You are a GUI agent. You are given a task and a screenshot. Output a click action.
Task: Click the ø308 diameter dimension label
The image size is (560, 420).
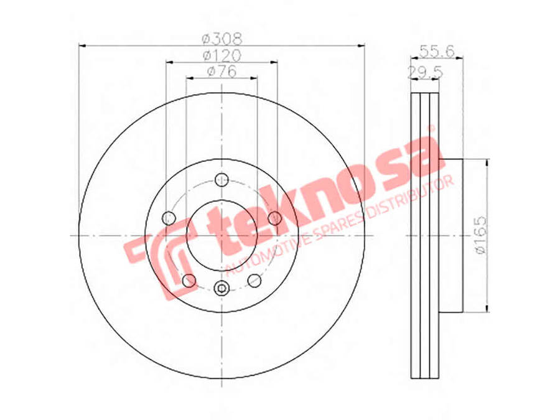(x=222, y=38)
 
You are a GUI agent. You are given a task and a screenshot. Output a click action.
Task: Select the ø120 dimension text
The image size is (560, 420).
(x=222, y=55)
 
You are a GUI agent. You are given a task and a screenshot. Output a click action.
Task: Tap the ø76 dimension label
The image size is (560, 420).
(x=222, y=72)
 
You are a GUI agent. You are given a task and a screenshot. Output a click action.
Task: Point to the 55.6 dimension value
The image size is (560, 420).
(x=436, y=52)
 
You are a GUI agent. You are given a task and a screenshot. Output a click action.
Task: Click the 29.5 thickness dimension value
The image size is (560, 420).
(x=425, y=73)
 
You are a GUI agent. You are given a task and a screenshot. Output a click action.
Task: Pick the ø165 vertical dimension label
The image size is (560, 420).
(x=482, y=235)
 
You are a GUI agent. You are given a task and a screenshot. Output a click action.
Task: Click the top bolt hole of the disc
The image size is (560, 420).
(x=222, y=179)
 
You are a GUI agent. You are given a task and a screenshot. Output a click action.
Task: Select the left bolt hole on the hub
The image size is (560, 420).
(x=169, y=218)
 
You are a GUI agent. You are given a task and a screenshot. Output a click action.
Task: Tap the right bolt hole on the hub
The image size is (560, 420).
(x=274, y=218)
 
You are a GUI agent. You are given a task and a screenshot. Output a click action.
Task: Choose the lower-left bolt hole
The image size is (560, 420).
(x=189, y=281)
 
